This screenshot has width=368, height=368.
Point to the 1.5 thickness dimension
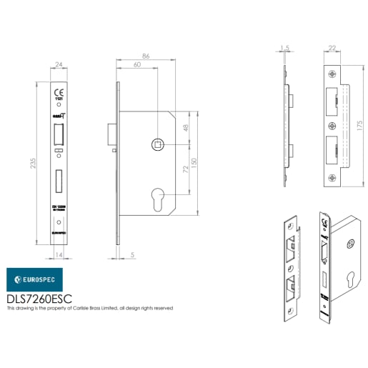(285, 49)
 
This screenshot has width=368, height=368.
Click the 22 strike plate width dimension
(332, 49)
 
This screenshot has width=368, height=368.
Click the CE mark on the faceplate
(59, 92)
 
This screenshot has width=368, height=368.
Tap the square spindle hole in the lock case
(156, 145)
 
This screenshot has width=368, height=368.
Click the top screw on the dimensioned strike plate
(332, 74)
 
